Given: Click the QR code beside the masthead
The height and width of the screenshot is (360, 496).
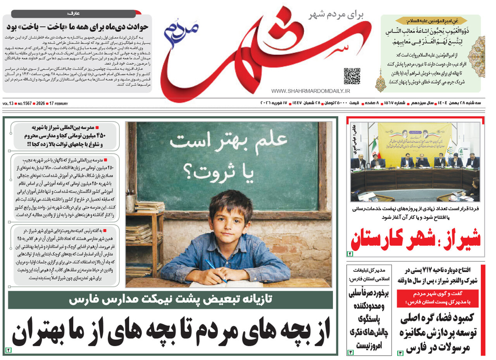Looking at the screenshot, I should click(352, 76).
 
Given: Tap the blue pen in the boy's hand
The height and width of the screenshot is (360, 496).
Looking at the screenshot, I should click(215, 270).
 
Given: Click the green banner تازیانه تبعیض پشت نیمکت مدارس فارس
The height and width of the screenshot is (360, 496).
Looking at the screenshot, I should click(170, 300).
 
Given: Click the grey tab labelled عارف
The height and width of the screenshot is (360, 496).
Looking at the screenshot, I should click(74, 14).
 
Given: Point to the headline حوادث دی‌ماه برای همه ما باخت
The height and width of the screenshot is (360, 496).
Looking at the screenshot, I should click(77, 28).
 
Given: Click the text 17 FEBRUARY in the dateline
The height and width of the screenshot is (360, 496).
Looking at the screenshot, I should click(58, 104).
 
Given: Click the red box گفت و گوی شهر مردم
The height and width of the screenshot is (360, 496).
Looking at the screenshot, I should click(437, 298).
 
